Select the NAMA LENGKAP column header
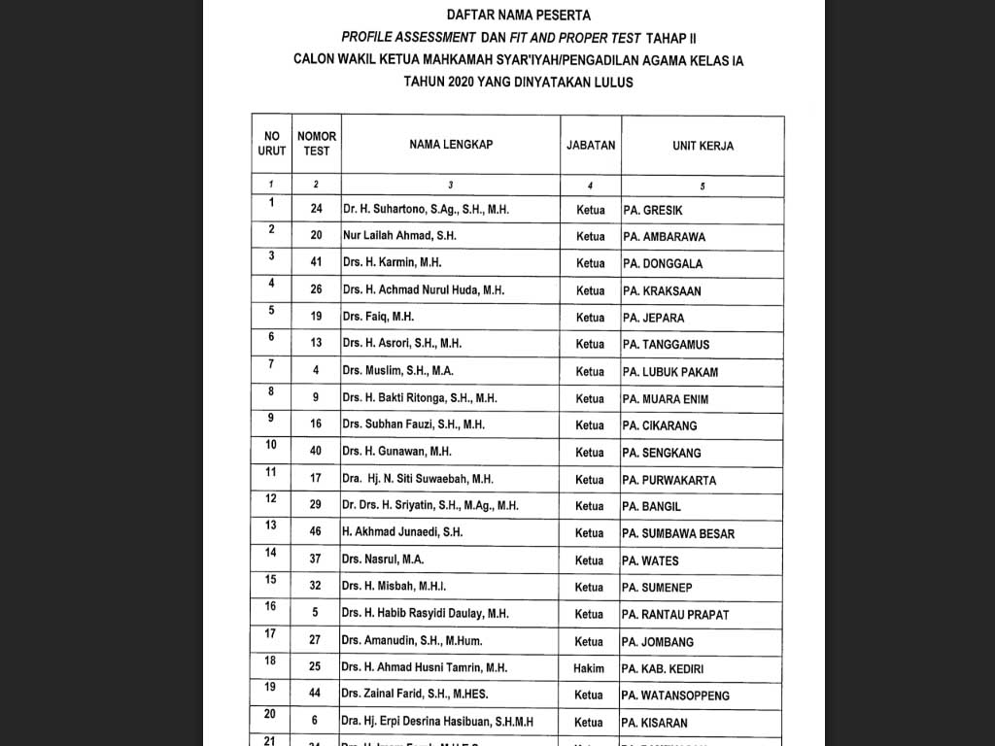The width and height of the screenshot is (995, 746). click(x=450, y=145)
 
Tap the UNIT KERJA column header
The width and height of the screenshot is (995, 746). click(x=703, y=146)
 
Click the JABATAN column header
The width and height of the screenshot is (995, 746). click(x=591, y=145)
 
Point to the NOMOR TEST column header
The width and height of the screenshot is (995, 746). click(x=317, y=144)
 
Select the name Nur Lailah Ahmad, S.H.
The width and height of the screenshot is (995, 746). click(x=399, y=236)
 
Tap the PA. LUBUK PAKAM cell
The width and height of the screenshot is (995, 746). click(x=670, y=372)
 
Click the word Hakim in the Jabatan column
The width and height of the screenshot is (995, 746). click(x=589, y=668)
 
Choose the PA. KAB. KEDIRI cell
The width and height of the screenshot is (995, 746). click(x=663, y=668)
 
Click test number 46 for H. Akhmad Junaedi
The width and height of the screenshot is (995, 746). click(x=316, y=532)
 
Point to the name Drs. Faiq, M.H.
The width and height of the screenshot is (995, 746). click(x=378, y=318)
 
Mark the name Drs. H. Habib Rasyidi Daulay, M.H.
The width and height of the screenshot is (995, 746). click(x=425, y=614)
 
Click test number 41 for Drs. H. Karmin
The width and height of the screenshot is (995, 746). click(x=316, y=262)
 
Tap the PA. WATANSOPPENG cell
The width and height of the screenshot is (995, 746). click(x=676, y=695)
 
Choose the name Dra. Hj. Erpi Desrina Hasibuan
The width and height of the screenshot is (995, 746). click(x=436, y=722)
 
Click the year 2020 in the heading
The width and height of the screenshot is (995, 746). click(x=461, y=83)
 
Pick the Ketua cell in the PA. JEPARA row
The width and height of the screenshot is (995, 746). click(x=590, y=318)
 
